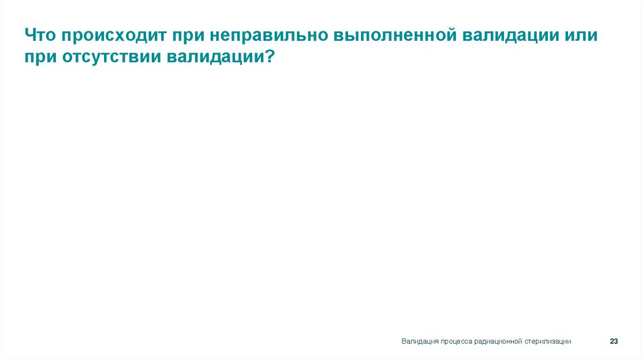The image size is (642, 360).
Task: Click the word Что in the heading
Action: [41, 35]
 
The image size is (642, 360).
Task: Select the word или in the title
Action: [582, 35]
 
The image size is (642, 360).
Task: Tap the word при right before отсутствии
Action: [41, 56]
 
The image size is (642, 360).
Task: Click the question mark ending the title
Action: [270, 56]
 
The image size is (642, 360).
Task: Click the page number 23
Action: [614, 341]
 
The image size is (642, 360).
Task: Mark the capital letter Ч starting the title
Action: [31, 35]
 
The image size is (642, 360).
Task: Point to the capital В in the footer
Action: [404, 341]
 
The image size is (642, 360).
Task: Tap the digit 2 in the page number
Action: [612, 341]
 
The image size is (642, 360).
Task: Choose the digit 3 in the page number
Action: [616, 341]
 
